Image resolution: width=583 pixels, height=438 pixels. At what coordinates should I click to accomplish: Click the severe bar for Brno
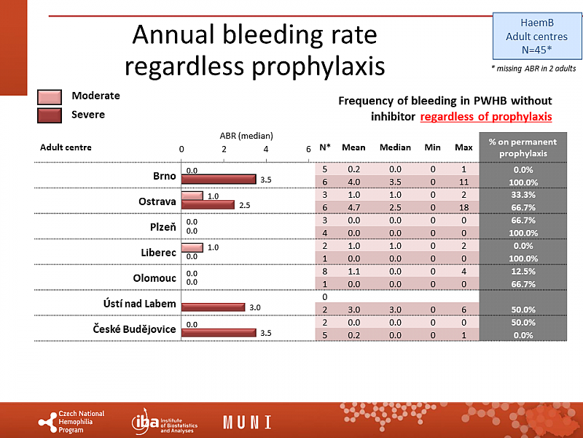219,179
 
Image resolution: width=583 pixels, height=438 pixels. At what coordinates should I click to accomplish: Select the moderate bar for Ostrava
192,196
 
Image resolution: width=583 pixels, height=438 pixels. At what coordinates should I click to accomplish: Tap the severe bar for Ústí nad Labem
213,307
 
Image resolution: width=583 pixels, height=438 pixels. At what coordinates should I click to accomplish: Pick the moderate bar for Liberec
192,247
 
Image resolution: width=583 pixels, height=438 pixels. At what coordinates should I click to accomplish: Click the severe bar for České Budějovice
219,333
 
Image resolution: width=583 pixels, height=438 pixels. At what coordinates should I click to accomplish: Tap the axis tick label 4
266,148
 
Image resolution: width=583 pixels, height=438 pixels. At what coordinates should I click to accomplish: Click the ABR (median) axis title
246,135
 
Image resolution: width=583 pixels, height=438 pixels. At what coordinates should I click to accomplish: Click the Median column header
395,147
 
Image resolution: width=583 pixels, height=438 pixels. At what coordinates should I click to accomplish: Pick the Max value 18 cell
463,207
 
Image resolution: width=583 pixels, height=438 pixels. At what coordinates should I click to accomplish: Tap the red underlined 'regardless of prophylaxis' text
485,116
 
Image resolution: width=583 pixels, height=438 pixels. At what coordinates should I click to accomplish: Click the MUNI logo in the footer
247,422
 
